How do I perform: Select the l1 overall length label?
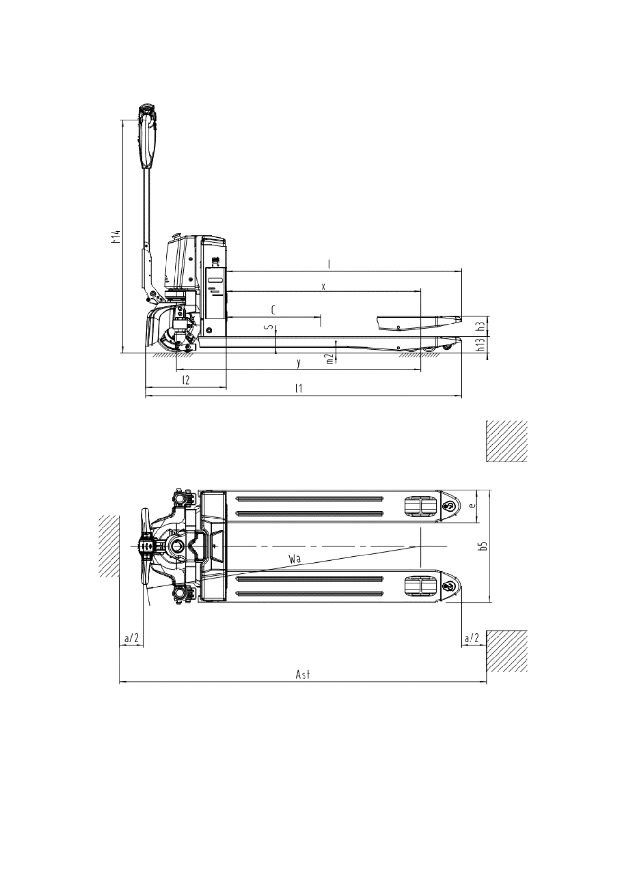tap(299, 388)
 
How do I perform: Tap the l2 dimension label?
tap(186, 380)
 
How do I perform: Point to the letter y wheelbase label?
tap(298, 363)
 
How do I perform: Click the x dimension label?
tap(323, 287)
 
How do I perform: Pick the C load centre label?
tap(273, 310)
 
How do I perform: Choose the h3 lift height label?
tap(481, 326)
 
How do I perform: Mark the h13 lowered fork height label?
tap(481, 345)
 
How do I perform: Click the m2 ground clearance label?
tap(329, 359)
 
